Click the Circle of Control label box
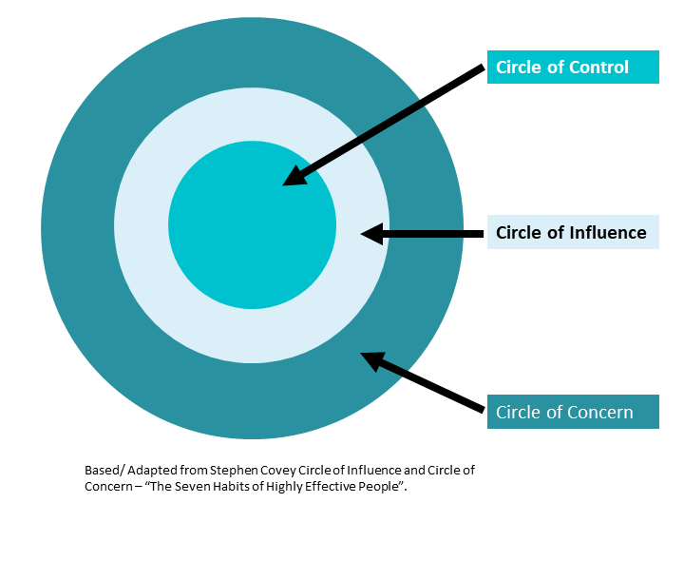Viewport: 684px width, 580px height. pyautogui.click(x=573, y=68)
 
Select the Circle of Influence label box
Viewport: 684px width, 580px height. pyautogui.click(x=573, y=232)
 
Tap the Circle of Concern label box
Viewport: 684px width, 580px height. pyautogui.click(x=573, y=413)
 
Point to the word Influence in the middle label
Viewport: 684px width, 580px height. pyautogui.click(x=607, y=232)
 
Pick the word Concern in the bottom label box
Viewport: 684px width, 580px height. pyautogui.click(x=601, y=413)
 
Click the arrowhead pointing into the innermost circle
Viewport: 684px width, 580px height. pyautogui.click(x=295, y=176)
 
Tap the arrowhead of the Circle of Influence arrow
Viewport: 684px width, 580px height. pyautogui.click(x=371, y=233)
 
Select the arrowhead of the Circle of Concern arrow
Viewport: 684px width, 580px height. pyautogui.click(x=372, y=359)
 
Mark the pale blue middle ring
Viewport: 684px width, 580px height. pyautogui.click(x=252, y=333)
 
